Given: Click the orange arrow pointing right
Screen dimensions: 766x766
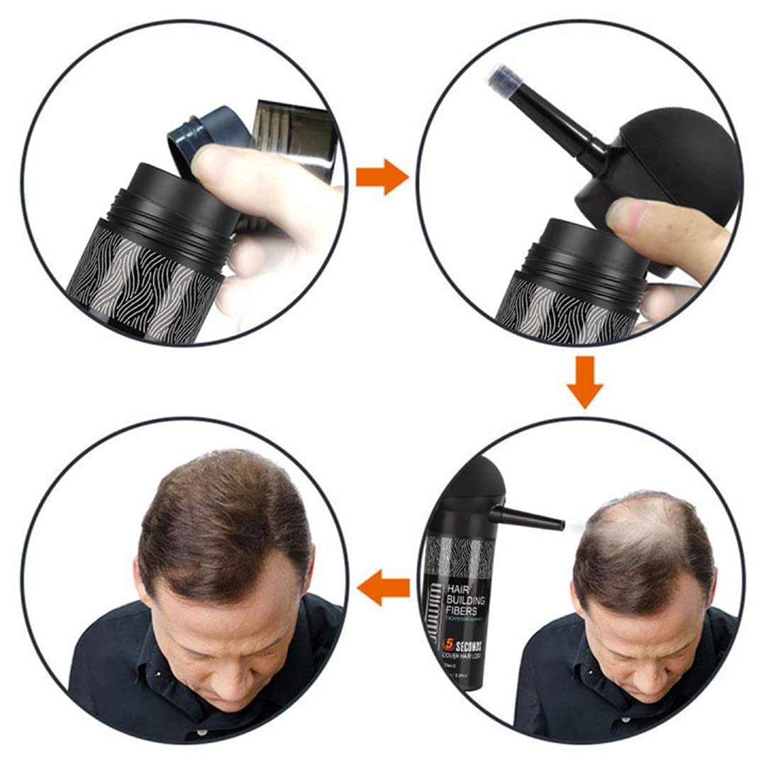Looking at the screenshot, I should pos(381,177).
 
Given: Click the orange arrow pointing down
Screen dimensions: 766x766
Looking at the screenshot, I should pos(584,382).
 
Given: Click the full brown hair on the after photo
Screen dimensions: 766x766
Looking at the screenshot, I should pos(220,511).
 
